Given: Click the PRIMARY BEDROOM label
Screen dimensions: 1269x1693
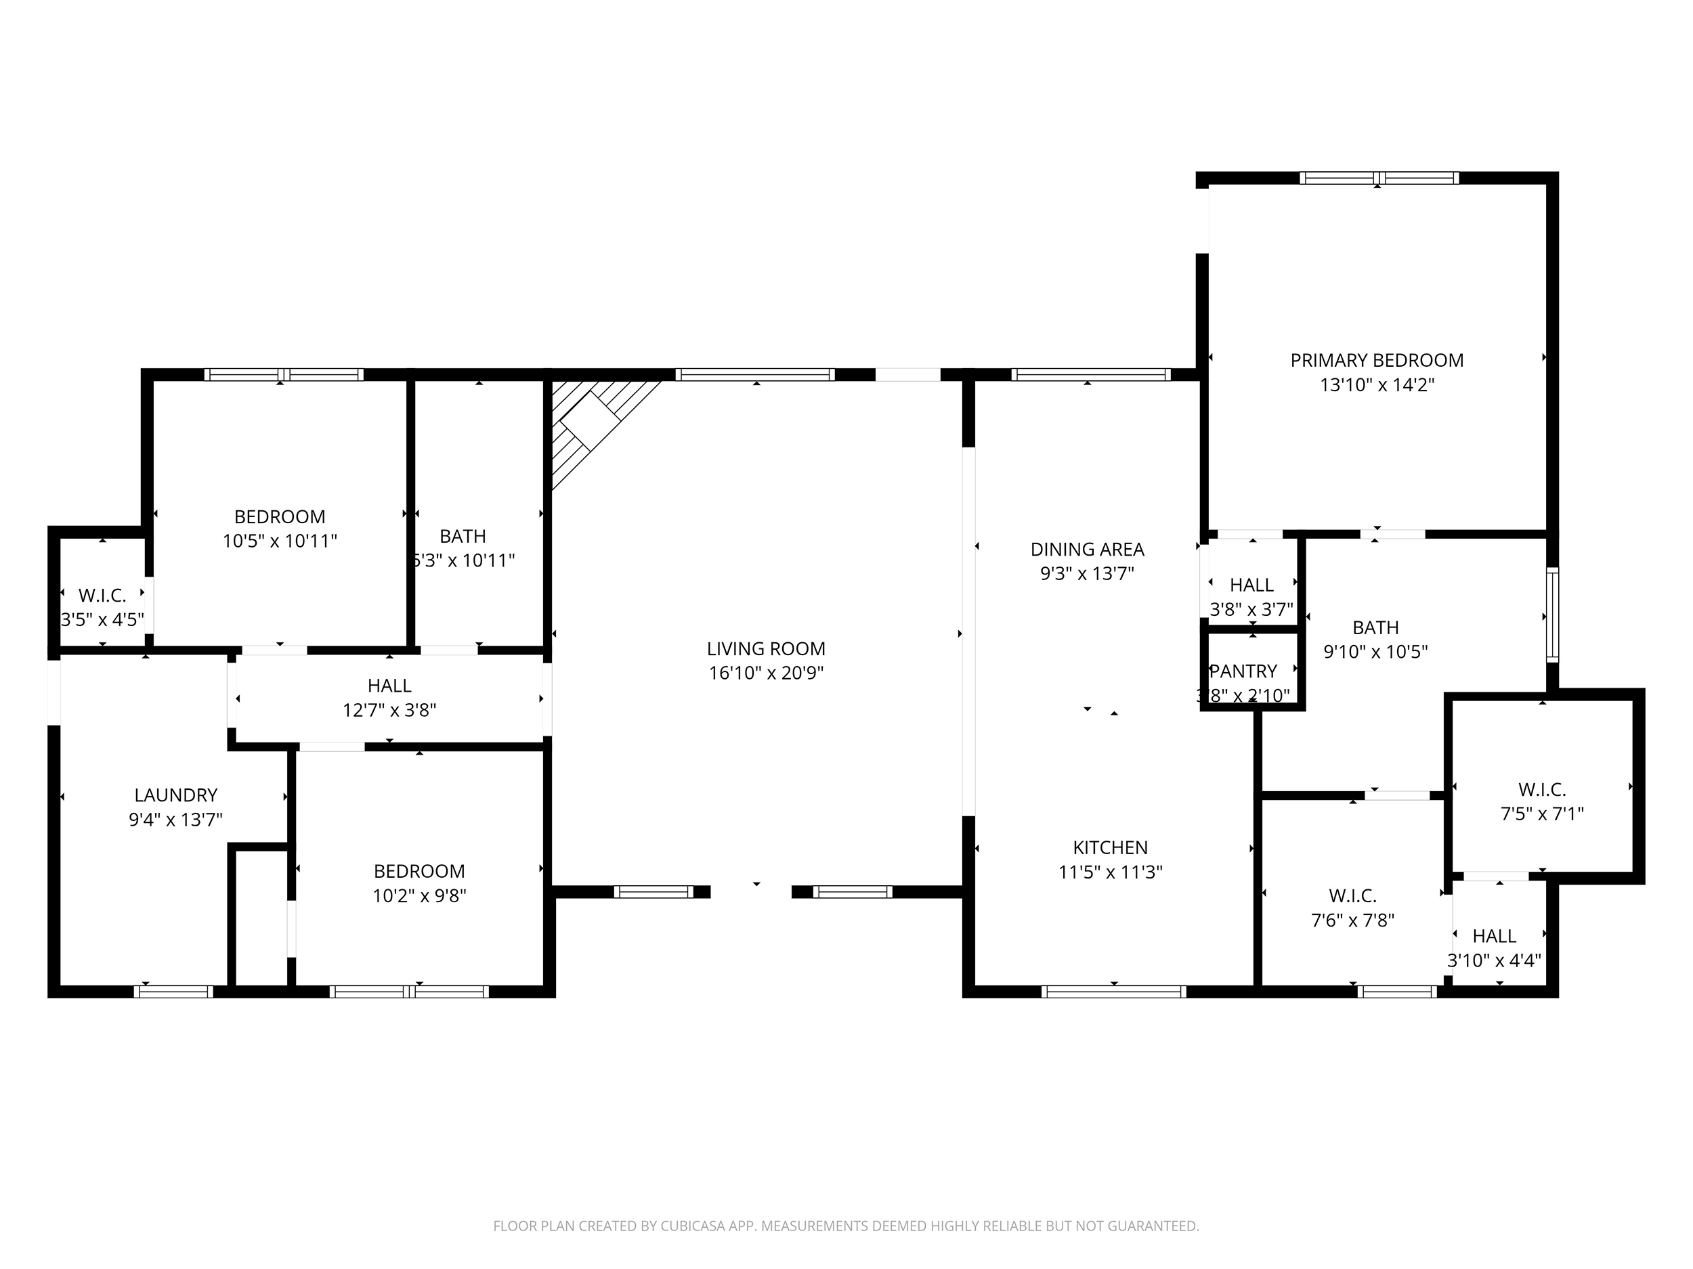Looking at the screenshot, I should [1376, 360].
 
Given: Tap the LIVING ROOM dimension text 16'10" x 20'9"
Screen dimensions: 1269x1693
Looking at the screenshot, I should [765, 673].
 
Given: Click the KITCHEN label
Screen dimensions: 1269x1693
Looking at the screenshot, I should [1110, 847].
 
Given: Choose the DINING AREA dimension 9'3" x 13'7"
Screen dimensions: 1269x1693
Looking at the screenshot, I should [1087, 574].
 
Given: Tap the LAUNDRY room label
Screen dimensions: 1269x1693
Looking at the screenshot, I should [175, 795].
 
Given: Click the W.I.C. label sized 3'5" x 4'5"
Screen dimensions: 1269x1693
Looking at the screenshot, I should [102, 595].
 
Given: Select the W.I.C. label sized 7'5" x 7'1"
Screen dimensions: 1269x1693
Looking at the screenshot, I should [1541, 789].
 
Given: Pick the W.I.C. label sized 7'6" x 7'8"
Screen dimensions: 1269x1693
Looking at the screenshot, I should [1352, 895].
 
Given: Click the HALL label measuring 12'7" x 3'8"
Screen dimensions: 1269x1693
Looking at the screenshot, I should [389, 686].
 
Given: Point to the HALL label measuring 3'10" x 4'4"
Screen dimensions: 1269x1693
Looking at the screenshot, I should [1494, 935].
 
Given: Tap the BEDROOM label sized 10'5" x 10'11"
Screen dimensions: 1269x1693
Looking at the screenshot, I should [280, 516].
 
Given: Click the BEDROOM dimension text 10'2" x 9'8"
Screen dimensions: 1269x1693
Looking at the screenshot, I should [419, 895].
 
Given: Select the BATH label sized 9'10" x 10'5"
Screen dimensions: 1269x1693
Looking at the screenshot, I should [1375, 627].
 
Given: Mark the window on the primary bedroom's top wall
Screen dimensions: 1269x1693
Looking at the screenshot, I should [1378, 178].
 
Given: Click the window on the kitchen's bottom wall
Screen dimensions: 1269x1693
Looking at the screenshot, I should [1113, 992].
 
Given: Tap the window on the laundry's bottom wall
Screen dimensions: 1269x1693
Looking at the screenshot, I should [174, 992].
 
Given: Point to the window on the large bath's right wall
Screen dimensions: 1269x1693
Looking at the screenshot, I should [1552, 615].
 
